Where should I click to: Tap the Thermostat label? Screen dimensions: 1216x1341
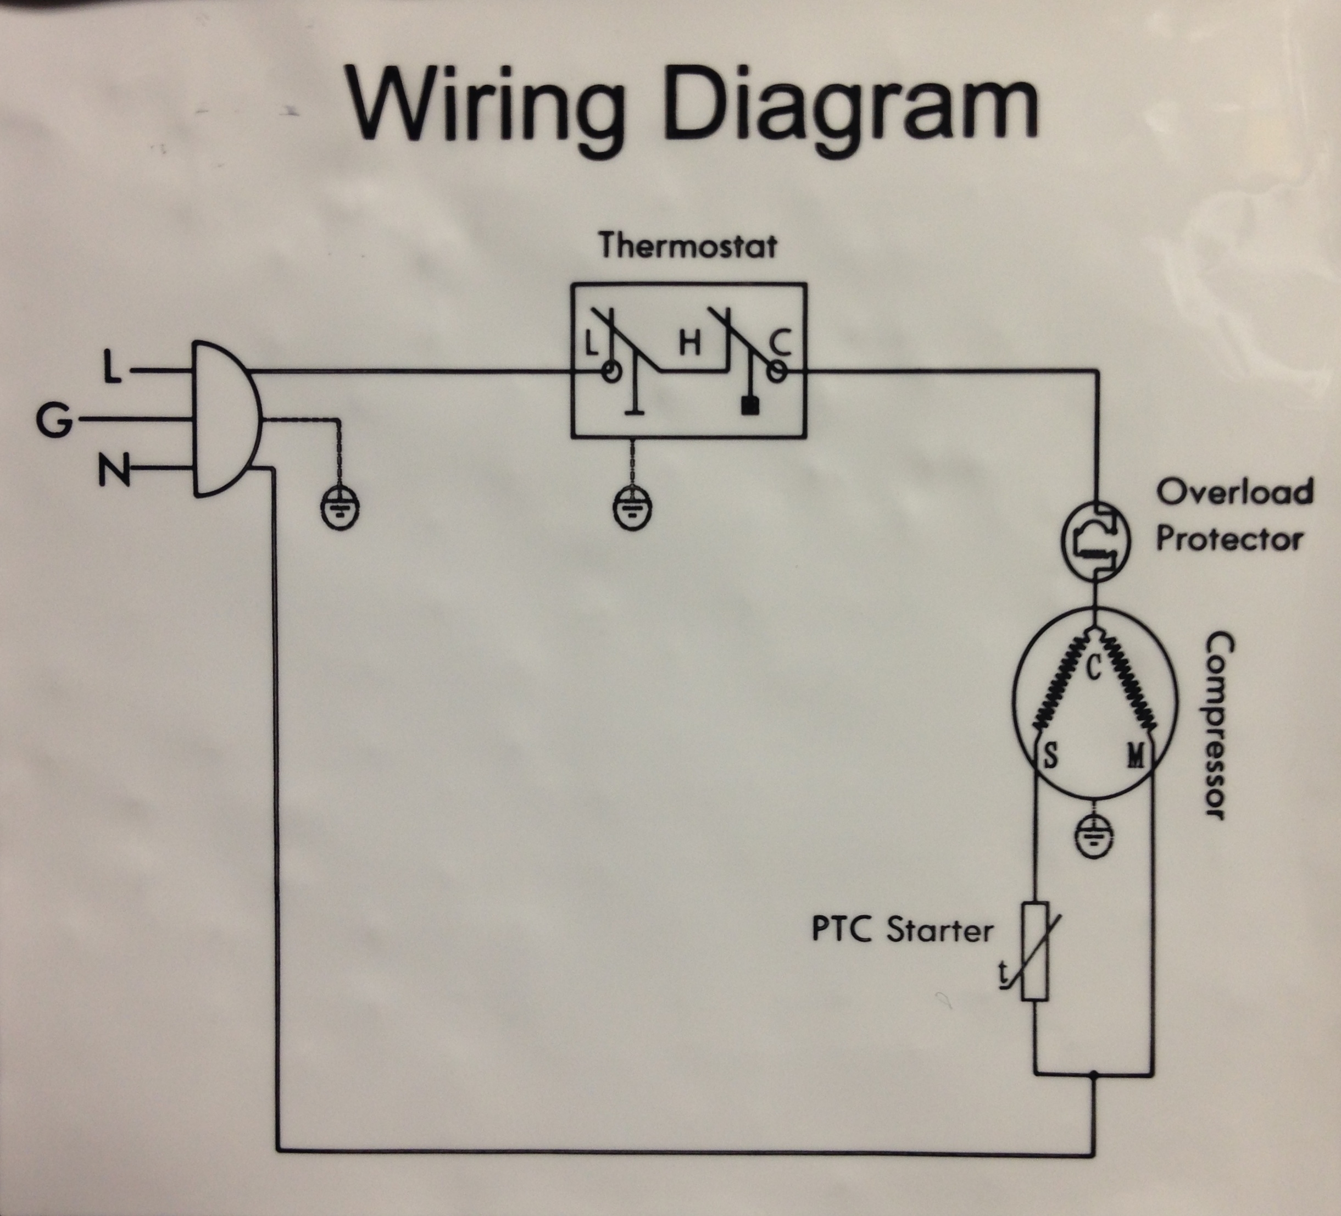pos(687,246)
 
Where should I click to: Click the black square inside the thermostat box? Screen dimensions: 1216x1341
pos(750,404)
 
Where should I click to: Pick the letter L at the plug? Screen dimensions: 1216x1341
pos(113,368)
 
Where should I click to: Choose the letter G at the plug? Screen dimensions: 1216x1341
pos(53,420)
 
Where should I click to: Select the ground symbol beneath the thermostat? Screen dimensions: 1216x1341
pos(631,509)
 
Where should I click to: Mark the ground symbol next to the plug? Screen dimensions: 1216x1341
pos(341,509)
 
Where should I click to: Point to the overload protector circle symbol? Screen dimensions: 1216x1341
pos(1095,540)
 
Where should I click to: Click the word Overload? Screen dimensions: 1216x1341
pos(1234,492)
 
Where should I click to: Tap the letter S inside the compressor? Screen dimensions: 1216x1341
pos(1050,756)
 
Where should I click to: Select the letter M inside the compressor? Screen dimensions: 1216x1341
pos(1136,756)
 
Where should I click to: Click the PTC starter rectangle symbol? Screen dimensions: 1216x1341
pos(1035,951)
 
